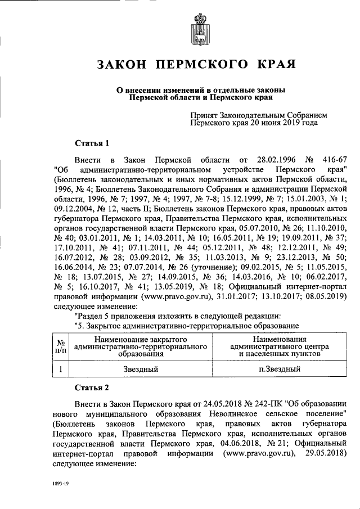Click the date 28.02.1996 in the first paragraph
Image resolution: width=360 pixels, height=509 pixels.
(x=269, y=159)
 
